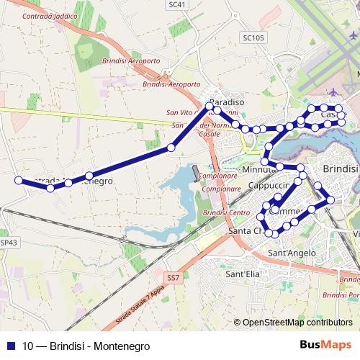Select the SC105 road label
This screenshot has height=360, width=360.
pos(254,37)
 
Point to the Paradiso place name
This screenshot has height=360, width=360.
pos(227,102)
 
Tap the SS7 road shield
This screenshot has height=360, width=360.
pos(173,277)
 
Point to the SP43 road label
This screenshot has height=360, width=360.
pos(8,243)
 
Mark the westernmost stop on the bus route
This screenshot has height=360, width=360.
pos(18,180)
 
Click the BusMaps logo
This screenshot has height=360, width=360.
pos(330,346)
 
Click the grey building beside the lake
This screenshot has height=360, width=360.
pos(196,174)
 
